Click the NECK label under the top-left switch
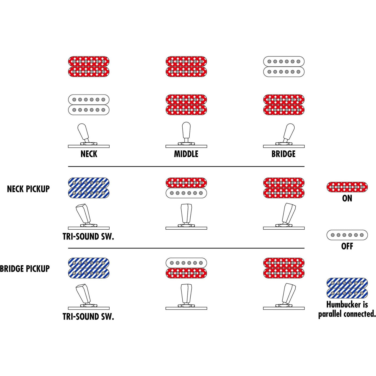[x=89, y=154]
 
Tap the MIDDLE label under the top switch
[x=186, y=154]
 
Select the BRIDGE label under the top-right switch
[x=283, y=154]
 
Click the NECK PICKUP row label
[x=28, y=189]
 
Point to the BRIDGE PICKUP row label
[x=25, y=269]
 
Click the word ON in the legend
[x=347, y=198]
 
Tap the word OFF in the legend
[x=347, y=246]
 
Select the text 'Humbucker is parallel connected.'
[x=347, y=309]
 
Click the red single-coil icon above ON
[x=347, y=187]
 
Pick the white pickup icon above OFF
[x=347, y=235]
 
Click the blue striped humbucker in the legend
[x=347, y=288]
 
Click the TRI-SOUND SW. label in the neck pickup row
[x=88, y=237]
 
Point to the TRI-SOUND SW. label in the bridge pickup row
[x=88, y=317]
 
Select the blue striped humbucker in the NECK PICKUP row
[x=89, y=188]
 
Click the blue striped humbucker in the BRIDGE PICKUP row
[x=89, y=268]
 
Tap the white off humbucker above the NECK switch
[x=89, y=105]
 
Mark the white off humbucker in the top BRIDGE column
[x=284, y=67]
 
